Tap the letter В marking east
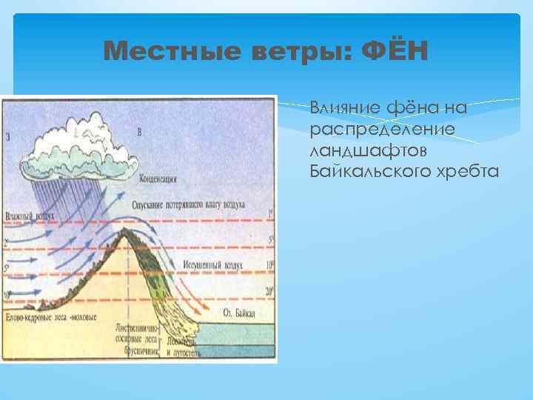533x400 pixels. click(140, 132)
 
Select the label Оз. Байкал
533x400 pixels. click(238, 314)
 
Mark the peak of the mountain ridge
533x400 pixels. click(127, 230)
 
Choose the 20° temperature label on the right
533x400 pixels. click(270, 291)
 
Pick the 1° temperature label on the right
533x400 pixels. click(271, 213)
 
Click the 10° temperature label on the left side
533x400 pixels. click(7, 295)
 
